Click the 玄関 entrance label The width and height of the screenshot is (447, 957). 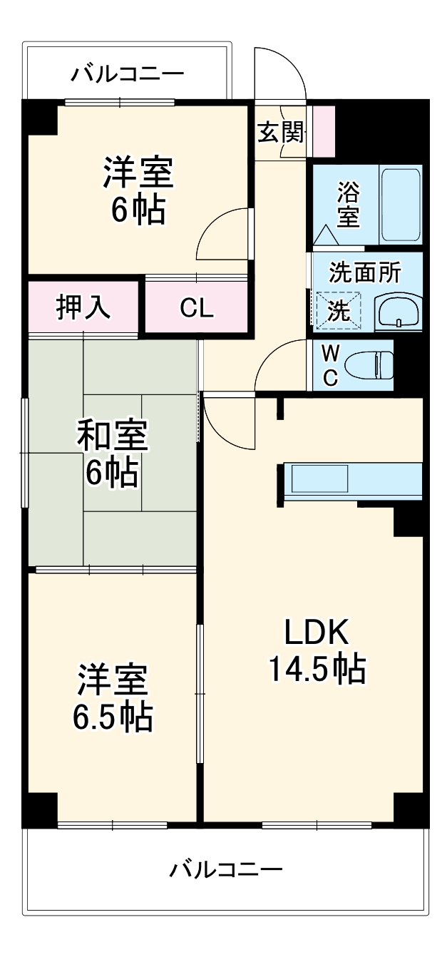tap(279, 132)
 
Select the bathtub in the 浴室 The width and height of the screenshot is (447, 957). tap(401, 205)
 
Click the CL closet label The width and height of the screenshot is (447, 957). tap(196, 307)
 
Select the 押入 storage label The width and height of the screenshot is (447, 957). tap(83, 307)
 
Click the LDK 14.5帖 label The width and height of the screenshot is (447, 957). tap(317, 650)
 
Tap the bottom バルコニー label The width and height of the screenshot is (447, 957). tap(226, 869)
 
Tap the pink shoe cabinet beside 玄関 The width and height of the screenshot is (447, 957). tap(324, 130)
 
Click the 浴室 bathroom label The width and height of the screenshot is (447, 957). tap(348, 204)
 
